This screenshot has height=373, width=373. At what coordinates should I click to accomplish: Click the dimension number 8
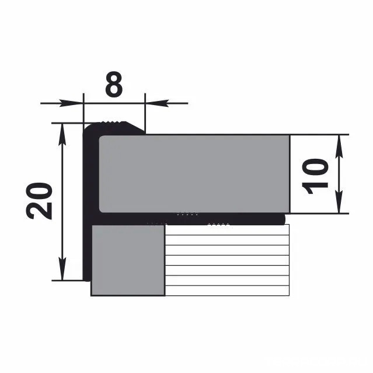114,85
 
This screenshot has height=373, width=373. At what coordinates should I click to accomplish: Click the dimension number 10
315,176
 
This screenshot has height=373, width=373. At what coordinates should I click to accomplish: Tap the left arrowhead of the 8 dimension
71,103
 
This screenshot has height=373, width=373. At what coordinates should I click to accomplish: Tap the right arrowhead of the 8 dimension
157,103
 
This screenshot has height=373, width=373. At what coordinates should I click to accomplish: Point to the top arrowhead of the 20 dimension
62,135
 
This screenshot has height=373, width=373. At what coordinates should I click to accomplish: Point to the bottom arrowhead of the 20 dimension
62,269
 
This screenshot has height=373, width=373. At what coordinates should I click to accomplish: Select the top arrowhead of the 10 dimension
339,147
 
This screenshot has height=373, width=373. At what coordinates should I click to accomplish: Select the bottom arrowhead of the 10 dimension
339,201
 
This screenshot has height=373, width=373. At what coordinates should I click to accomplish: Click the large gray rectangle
194,173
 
